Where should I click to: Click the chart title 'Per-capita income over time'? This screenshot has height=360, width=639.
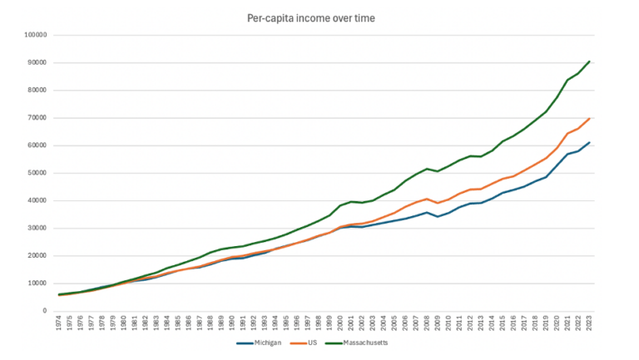coord(319,17)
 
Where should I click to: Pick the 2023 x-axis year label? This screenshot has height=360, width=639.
coord(590,322)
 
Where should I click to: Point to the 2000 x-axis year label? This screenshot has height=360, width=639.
coord(341,322)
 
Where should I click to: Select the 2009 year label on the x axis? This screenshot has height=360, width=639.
coord(438,322)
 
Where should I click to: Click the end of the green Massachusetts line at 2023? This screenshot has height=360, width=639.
coord(590,62)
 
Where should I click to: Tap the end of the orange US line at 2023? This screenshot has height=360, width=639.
coord(590,118)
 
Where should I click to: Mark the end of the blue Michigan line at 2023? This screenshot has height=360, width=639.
coord(590,142)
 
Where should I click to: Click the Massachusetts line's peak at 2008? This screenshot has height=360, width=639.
coord(428,169)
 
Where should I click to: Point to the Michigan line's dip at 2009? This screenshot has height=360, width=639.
coord(438,216)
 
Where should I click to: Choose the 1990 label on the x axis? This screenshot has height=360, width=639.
coord(232,322)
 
